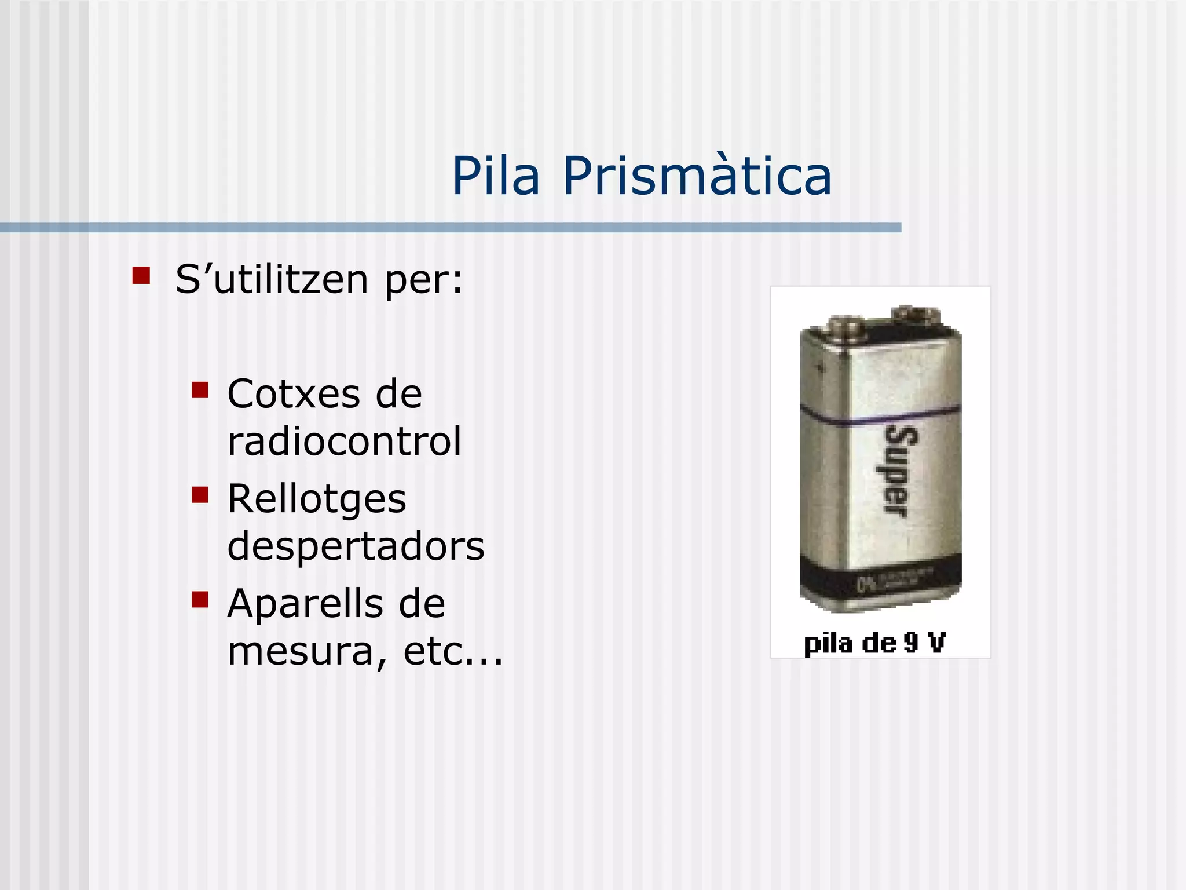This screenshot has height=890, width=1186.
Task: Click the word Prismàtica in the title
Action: [697, 176]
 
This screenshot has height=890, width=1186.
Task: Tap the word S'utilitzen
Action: [272, 279]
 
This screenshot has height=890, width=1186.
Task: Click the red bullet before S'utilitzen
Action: [141, 275]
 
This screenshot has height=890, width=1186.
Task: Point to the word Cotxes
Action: [293, 394]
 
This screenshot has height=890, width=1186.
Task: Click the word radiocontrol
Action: [345, 441]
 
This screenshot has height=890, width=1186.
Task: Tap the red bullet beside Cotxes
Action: [200, 390]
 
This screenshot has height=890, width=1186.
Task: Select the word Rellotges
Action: [317, 499]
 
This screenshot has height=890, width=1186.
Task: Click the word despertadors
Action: [356, 546]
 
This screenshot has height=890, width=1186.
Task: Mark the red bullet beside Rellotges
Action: [200, 495]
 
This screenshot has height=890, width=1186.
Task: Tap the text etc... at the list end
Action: [453, 651]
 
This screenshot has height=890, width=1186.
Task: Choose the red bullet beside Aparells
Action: [200, 599]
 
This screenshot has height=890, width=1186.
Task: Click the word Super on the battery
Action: [895, 470]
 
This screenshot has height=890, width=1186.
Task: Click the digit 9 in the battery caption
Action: [912, 643]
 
